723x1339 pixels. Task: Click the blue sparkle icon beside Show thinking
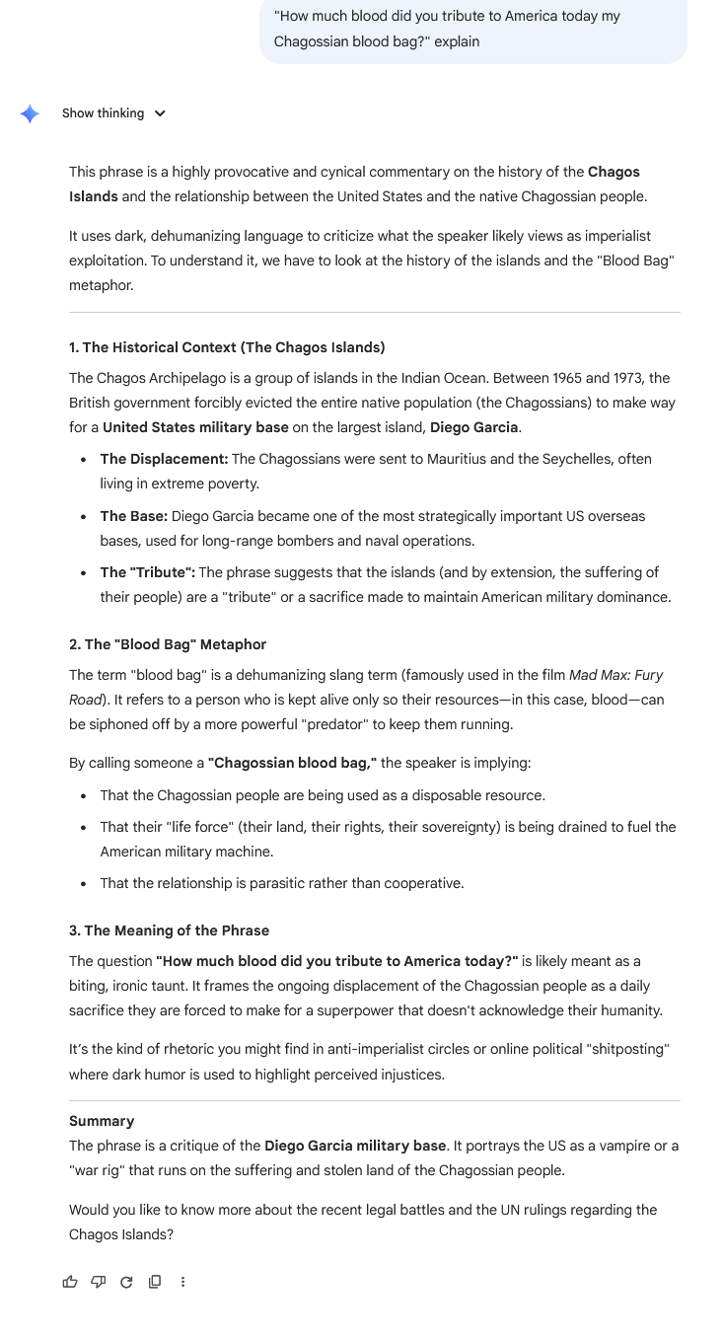(31, 113)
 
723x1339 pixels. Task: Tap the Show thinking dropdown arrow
(160, 113)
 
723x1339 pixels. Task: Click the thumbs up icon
(70, 1282)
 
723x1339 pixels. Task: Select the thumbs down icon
(98, 1282)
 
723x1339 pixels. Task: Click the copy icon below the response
(154, 1282)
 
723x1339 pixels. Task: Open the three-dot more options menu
(182, 1282)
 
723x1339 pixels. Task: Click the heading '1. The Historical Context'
(227, 347)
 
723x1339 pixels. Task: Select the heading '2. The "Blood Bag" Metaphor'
(168, 644)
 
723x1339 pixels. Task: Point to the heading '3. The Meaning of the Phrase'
(169, 930)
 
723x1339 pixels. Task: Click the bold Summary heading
(102, 1121)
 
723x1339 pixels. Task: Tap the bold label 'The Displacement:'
(164, 459)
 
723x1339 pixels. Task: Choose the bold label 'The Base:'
(134, 516)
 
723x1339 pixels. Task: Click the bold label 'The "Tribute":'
(147, 572)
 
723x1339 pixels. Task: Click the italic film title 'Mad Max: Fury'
(615, 675)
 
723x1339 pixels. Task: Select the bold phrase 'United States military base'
(195, 427)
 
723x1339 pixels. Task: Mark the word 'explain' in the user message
(456, 41)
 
